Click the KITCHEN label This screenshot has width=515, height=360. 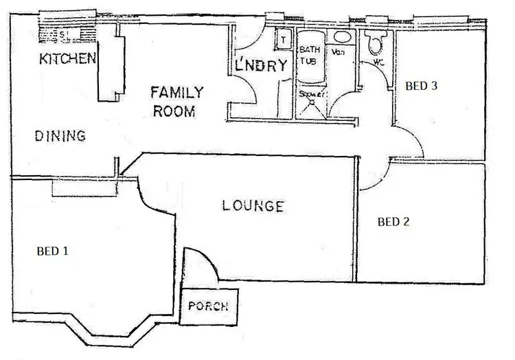click(x=67, y=58)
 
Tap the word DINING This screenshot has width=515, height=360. click(x=60, y=136)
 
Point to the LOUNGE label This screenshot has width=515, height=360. click(x=253, y=205)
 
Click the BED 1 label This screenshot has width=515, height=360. click(x=52, y=251)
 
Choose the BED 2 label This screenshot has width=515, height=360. click(x=394, y=222)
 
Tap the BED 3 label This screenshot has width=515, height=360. click(x=421, y=86)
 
